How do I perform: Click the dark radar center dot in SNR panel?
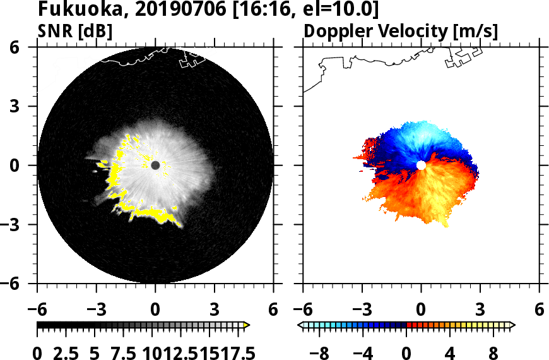(155, 165)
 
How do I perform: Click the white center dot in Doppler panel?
(421, 165)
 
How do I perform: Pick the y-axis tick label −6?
(15, 284)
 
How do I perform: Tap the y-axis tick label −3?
(15, 225)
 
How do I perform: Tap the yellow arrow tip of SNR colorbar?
(247, 325)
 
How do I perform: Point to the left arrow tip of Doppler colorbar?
(300, 325)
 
